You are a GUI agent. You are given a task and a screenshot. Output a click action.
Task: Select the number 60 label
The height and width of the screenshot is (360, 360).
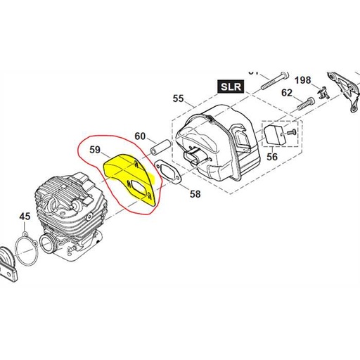tap(140, 136)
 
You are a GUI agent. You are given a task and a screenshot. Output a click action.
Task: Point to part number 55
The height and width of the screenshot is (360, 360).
tap(177, 99)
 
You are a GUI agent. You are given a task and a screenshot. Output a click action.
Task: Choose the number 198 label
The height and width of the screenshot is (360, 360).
tap(302, 79)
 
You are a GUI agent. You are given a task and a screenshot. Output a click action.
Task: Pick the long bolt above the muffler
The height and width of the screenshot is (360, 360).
tap(274, 82)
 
